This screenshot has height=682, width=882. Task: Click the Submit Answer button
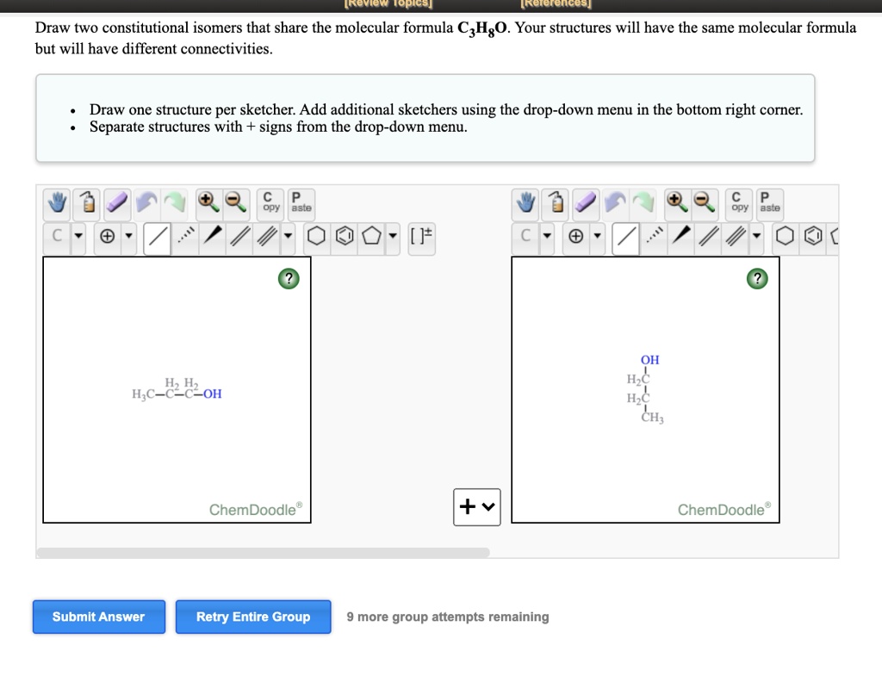[98, 617]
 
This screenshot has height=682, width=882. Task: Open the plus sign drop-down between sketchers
[476, 506]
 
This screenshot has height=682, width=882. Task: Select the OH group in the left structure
[212, 394]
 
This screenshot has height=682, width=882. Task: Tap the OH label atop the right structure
[649, 360]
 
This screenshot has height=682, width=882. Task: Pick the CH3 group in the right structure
[652, 419]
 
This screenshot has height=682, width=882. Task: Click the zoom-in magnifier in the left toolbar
[208, 202]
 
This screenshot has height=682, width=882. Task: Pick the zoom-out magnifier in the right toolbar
[705, 202]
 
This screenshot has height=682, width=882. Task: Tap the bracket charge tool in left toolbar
[421, 235]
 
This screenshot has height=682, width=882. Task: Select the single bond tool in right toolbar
[626, 235]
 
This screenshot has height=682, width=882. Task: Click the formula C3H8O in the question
[483, 28]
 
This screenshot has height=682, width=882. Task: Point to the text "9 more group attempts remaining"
[447, 617]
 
